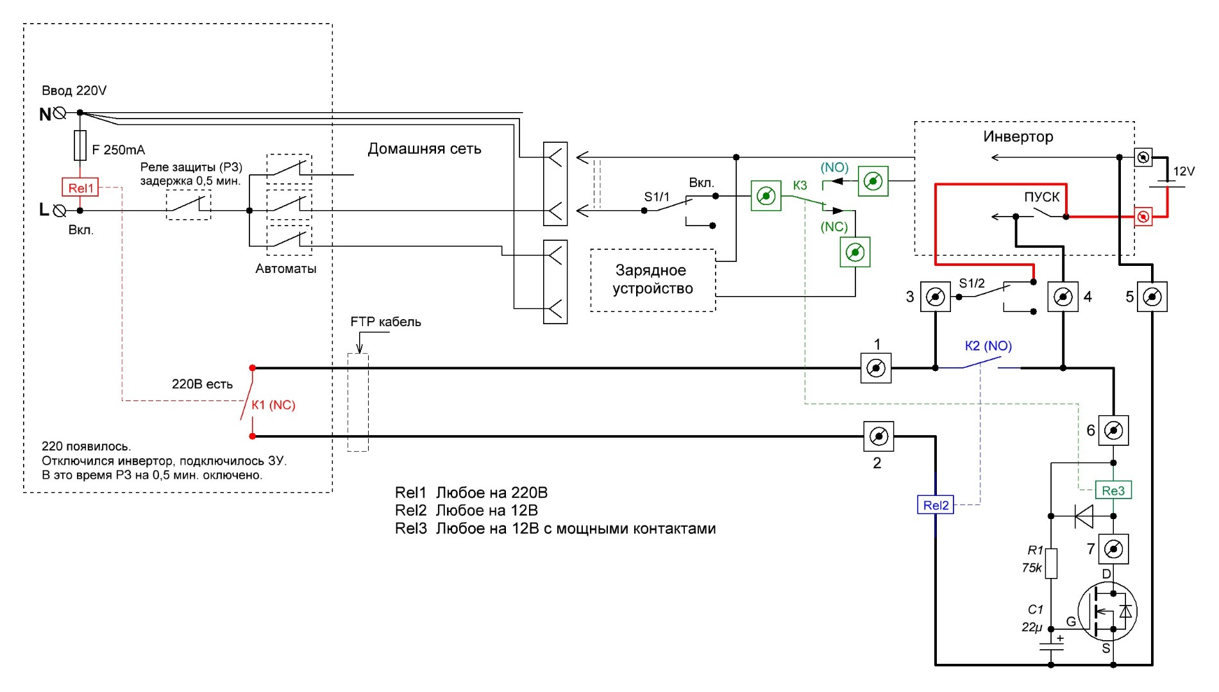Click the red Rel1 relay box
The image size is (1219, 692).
pos(80,188)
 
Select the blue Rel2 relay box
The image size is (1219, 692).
pos(935,505)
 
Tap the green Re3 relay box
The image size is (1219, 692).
pos(1113,491)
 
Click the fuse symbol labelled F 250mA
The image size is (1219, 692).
pos(80,145)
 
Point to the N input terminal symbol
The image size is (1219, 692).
pos(60,113)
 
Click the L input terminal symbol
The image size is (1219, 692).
pos(60,210)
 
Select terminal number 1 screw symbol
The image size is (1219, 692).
pos(876,368)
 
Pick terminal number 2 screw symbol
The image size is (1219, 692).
pos(879,436)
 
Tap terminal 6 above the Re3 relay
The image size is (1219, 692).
pos(1113,430)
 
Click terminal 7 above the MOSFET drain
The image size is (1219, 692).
pos(1114,549)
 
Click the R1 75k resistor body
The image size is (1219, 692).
pos(1051,563)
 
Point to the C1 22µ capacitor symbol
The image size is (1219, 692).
pos(1051,644)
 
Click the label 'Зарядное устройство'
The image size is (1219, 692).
pos(652,279)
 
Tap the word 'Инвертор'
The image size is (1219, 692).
pos(1018,136)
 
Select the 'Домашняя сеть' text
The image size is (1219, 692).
pos(424,149)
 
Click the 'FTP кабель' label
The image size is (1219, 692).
pos(385,322)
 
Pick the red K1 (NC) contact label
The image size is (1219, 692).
pos(273,405)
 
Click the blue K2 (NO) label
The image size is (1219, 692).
pos(988,346)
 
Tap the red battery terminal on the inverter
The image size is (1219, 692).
pos(1143,217)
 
